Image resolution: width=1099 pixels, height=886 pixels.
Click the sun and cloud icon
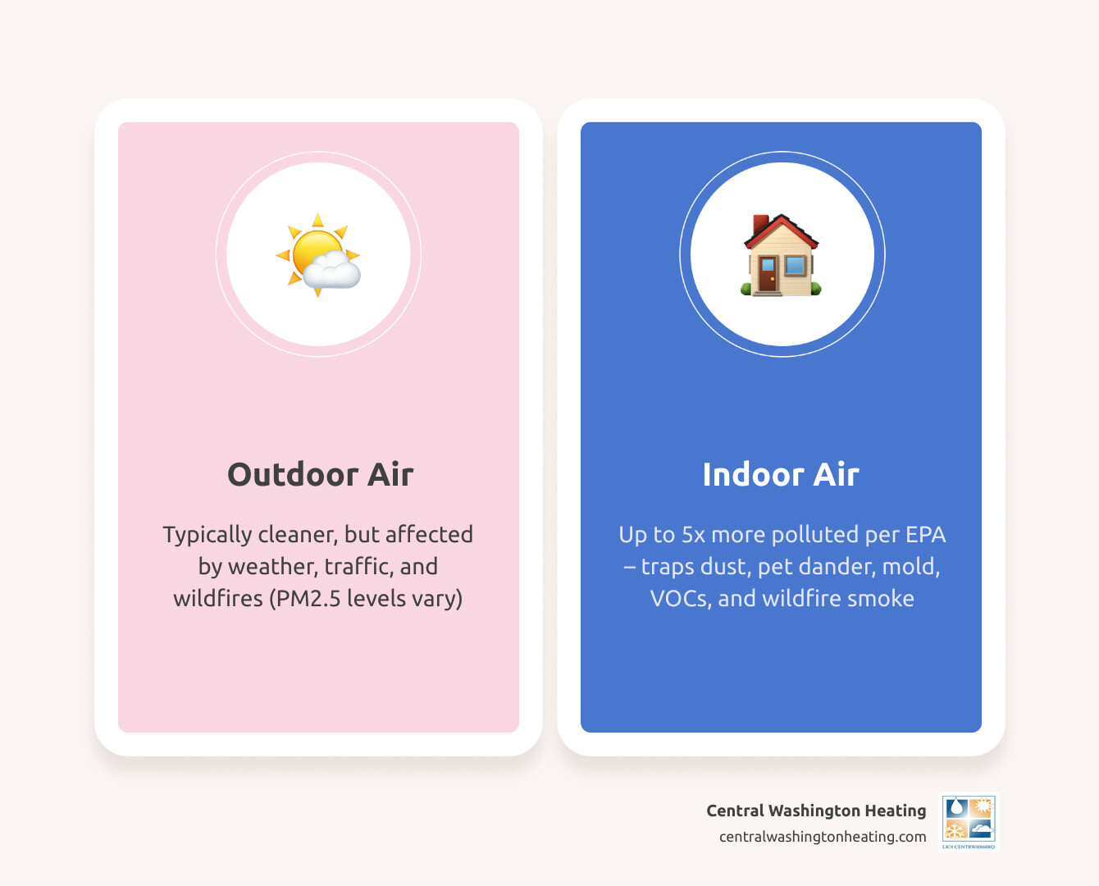coord(318,254)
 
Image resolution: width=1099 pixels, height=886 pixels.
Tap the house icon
coord(781,255)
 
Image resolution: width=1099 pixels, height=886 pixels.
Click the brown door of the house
coord(768,273)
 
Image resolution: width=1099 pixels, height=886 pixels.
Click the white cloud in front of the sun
coord(332,270)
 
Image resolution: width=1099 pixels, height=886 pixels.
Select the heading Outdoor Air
coord(320,474)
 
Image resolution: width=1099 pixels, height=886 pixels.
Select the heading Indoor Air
coord(781,474)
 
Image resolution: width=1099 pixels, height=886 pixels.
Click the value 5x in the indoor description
coord(693,535)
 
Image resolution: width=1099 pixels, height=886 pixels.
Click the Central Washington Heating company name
coord(816,811)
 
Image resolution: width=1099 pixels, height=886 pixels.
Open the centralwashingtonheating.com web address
coord(823,837)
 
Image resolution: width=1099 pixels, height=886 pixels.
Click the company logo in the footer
coord(969,821)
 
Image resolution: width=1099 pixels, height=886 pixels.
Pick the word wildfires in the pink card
coord(218,598)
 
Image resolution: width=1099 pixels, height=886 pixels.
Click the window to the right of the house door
coord(795,265)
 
